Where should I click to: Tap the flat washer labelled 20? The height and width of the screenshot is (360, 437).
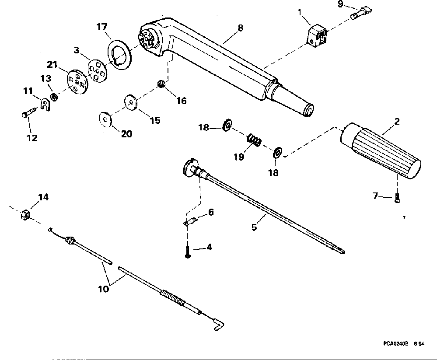pyautogui.click(x=105, y=119)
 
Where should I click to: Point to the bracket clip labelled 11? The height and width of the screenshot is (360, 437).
pyautogui.click(x=45, y=105)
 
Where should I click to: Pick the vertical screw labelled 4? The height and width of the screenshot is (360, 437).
pyautogui.click(x=188, y=252)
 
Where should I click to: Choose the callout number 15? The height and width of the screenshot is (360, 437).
pyautogui.click(x=155, y=120)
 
